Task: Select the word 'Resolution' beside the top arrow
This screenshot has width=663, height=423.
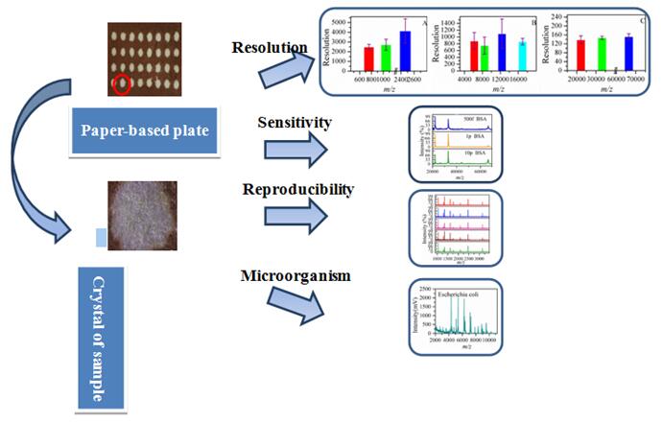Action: pos(270,47)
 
